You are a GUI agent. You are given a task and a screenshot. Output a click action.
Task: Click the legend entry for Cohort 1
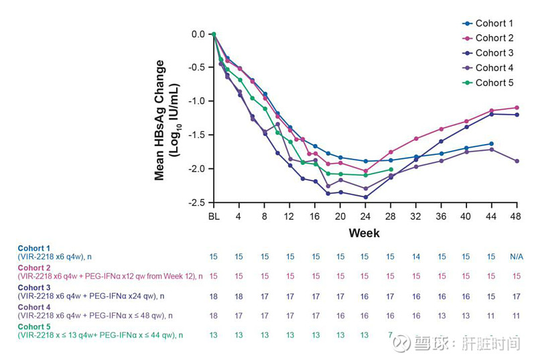[x=494, y=23]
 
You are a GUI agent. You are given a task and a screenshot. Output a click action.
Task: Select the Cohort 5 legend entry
[x=494, y=82]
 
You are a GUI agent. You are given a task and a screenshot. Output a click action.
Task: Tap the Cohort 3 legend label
[x=494, y=53]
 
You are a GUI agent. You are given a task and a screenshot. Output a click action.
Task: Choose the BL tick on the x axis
[x=214, y=216]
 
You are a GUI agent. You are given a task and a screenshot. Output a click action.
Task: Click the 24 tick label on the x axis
[x=364, y=216]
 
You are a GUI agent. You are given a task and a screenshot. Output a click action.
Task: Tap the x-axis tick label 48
[x=516, y=216]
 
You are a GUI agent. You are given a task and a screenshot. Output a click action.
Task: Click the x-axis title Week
[x=364, y=233]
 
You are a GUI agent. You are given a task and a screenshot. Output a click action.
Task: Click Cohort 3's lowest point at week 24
[x=365, y=197]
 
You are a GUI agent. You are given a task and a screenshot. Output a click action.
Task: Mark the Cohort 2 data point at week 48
[x=516, y=107]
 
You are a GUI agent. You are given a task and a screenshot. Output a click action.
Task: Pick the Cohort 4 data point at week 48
[x=516, y=161]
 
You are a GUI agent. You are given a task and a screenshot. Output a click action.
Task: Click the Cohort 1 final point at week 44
[x=491, y=143]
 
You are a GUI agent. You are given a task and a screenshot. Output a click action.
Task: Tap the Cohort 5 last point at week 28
[x=391, y=170]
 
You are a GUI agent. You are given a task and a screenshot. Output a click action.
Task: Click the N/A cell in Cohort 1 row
[x=516, y=257]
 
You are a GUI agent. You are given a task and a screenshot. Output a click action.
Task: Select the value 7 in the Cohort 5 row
[x=391, y=335]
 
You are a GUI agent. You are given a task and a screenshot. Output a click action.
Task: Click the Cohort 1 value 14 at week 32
[x=416, y=257]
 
